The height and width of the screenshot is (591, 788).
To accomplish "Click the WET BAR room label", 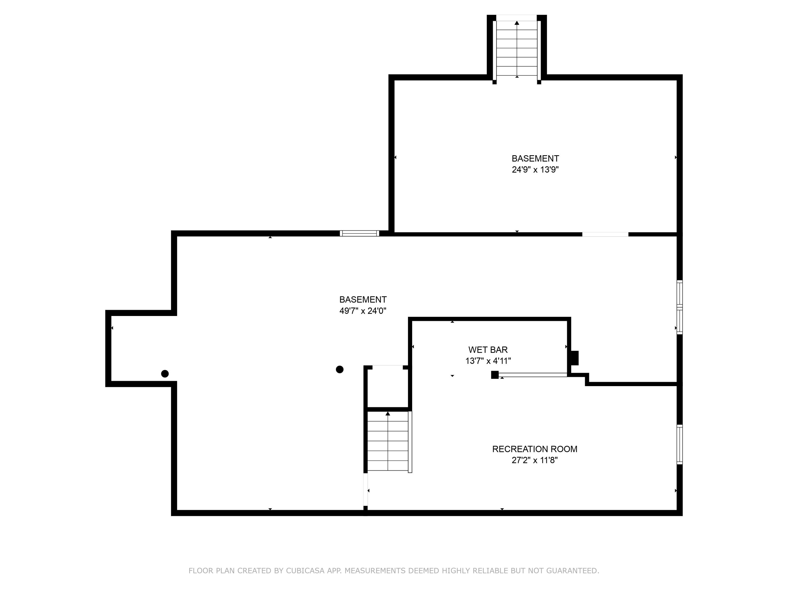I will click(x=488, y=350).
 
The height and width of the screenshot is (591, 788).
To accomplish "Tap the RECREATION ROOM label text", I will click(x=534, y=449).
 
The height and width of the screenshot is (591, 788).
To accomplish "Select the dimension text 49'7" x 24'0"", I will click(x=363, y=311).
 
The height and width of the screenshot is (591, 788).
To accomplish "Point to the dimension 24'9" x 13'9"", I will click(x=535, y=170).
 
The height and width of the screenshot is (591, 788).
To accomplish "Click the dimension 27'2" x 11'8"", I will click(x=534, y=460).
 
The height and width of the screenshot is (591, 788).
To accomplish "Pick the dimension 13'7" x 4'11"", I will click(x=488, y=361).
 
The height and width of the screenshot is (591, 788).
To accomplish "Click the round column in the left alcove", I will click(x=165, y=374).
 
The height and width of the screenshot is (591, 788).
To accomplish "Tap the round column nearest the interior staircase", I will click(x=339, y=369).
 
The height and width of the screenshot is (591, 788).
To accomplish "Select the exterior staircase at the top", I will click(x=517, y=48).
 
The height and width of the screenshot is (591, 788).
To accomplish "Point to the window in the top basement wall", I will click(x=359, y=233).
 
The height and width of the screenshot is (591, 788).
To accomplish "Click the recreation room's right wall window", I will click(x=679, y=445).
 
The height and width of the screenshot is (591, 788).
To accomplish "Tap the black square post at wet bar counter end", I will click(x=494, y=375).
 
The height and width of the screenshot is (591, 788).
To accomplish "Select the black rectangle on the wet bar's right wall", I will click(x=575, y=358).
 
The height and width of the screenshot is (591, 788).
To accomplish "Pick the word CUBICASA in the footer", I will click(x=305, y=571).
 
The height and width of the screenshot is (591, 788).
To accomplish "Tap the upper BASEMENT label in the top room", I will click(x=535, y=159).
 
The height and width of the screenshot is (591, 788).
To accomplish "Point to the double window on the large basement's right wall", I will click(x=679, y=307).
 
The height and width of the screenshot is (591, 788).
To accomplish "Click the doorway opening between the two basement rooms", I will click(x=605, y=234).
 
